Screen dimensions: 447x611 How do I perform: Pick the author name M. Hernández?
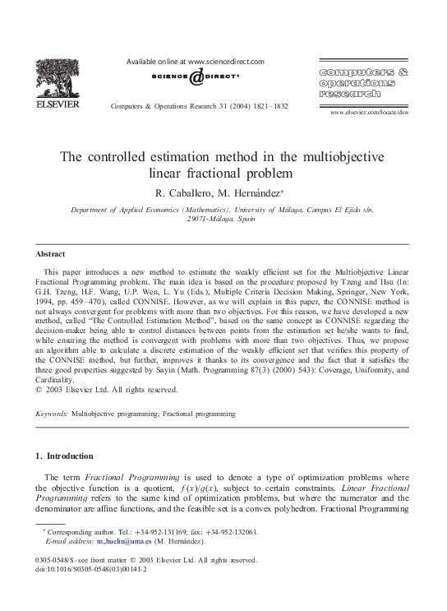[253, 192]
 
